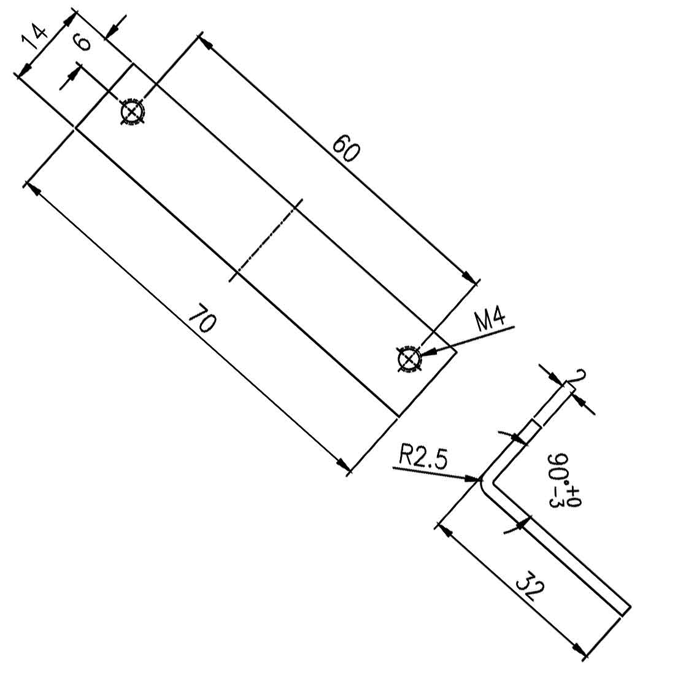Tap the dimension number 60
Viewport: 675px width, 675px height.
point(345,149)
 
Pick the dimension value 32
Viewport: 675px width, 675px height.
point(529,587)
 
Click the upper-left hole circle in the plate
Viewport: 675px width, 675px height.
point(131,112)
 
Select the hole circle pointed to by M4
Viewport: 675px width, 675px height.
point(408,360)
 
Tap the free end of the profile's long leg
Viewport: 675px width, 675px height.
point(624,607)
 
